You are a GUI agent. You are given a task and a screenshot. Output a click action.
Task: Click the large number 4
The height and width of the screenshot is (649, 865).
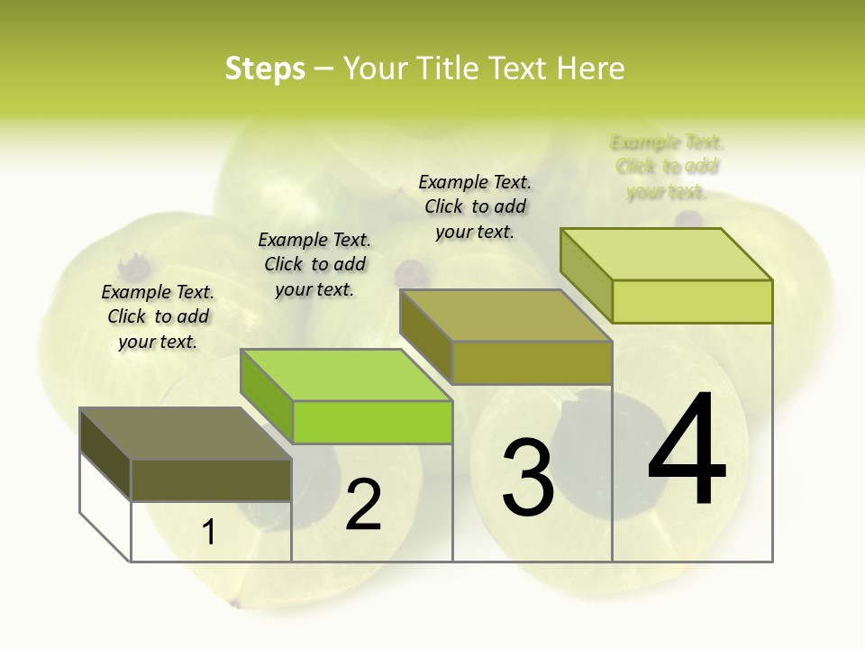tap(687, 450)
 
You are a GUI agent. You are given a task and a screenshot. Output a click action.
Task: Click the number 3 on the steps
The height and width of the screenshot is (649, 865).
tap(527, 477)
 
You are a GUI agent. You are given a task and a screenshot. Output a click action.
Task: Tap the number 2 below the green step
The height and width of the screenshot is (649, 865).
tap(363, 505)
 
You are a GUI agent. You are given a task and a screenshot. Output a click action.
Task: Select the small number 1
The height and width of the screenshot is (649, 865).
tap(209, 533)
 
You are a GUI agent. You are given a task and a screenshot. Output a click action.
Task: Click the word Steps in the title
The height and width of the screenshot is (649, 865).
tap(265, 69)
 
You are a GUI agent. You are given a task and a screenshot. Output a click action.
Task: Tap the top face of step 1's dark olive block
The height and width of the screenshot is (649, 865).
tap(185, 434)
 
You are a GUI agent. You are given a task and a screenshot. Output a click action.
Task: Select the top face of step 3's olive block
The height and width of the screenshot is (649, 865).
tap(505, 315)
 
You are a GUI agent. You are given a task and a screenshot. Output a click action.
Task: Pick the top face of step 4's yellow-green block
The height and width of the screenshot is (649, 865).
tap(666, 254)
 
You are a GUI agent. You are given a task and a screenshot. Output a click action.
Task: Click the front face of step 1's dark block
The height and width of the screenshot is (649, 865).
tap(211, 480)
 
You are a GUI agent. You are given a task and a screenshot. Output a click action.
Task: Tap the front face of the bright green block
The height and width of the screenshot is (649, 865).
tap(372, 422)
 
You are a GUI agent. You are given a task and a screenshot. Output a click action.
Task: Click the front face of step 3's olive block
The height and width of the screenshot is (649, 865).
tap(532, 362)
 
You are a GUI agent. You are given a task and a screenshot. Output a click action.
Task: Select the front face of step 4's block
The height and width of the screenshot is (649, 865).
tap(692, 301)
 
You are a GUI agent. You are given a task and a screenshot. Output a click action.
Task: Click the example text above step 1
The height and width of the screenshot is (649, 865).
tap(158, 316)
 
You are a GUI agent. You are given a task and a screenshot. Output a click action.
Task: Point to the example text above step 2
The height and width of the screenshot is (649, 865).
tap(314, 264)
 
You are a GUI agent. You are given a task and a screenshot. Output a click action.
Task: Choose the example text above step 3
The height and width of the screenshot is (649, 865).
tap(475, 206)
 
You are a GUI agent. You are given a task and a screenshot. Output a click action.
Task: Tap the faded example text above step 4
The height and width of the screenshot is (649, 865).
tap(667, 167)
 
